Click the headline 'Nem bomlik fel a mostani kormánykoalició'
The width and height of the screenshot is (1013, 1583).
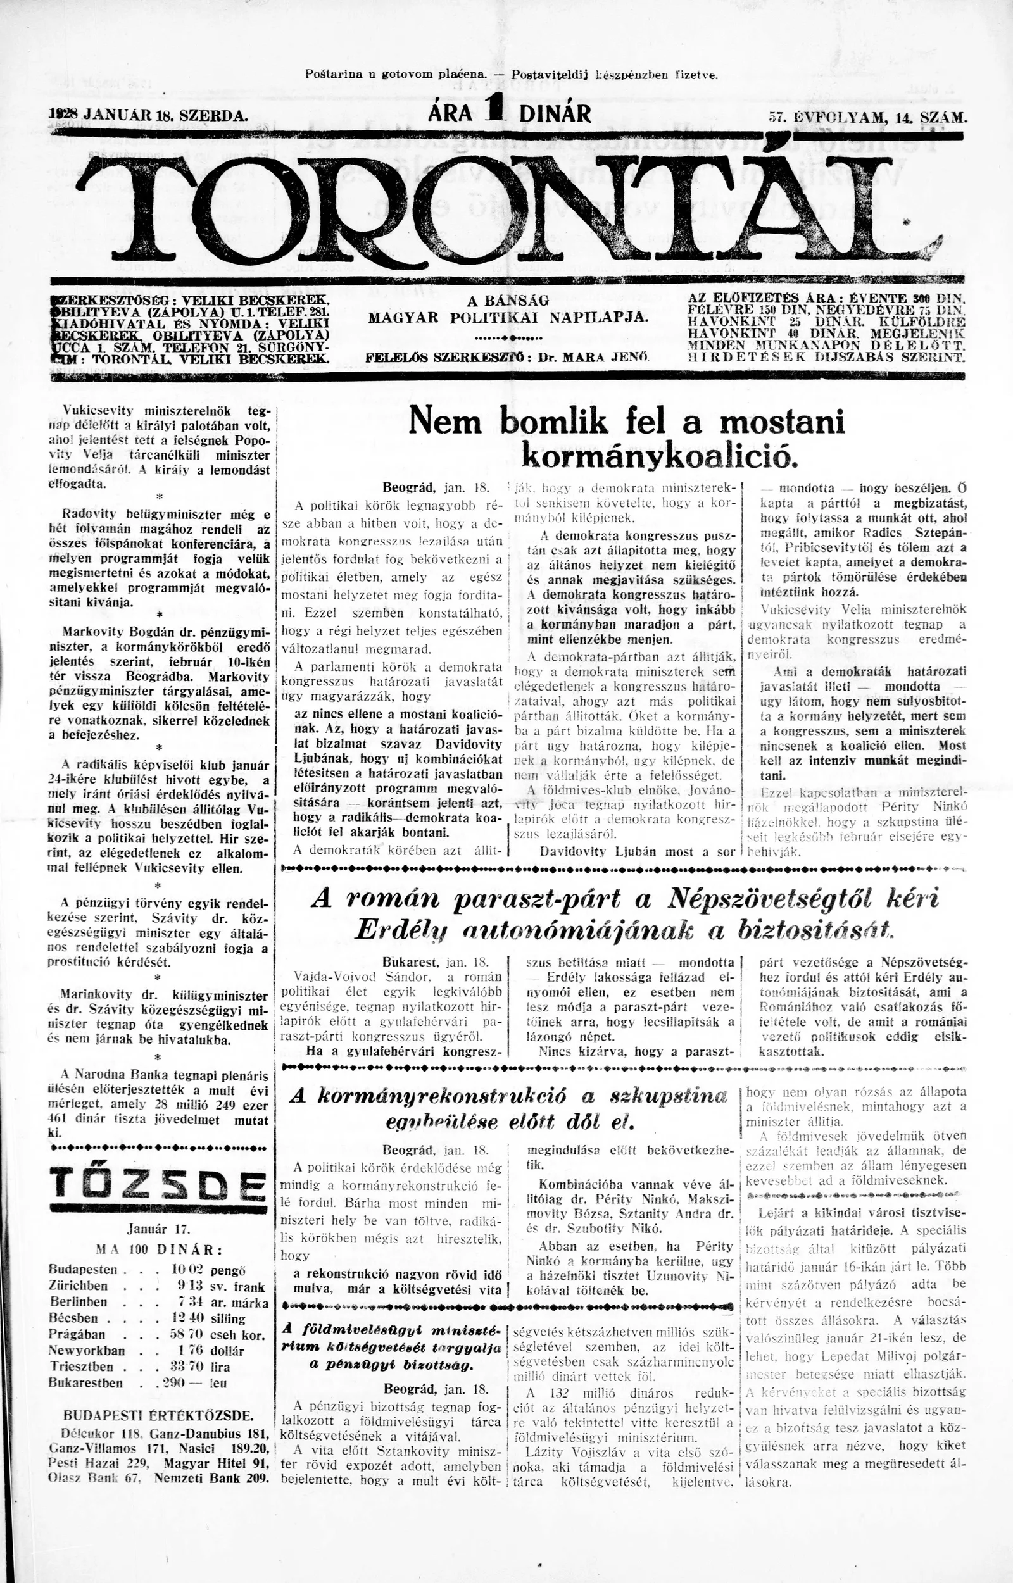626,439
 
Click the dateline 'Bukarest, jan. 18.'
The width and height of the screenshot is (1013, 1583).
436,960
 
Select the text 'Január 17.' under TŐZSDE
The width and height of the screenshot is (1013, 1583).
158,1228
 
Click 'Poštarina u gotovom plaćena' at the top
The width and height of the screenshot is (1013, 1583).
396,74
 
